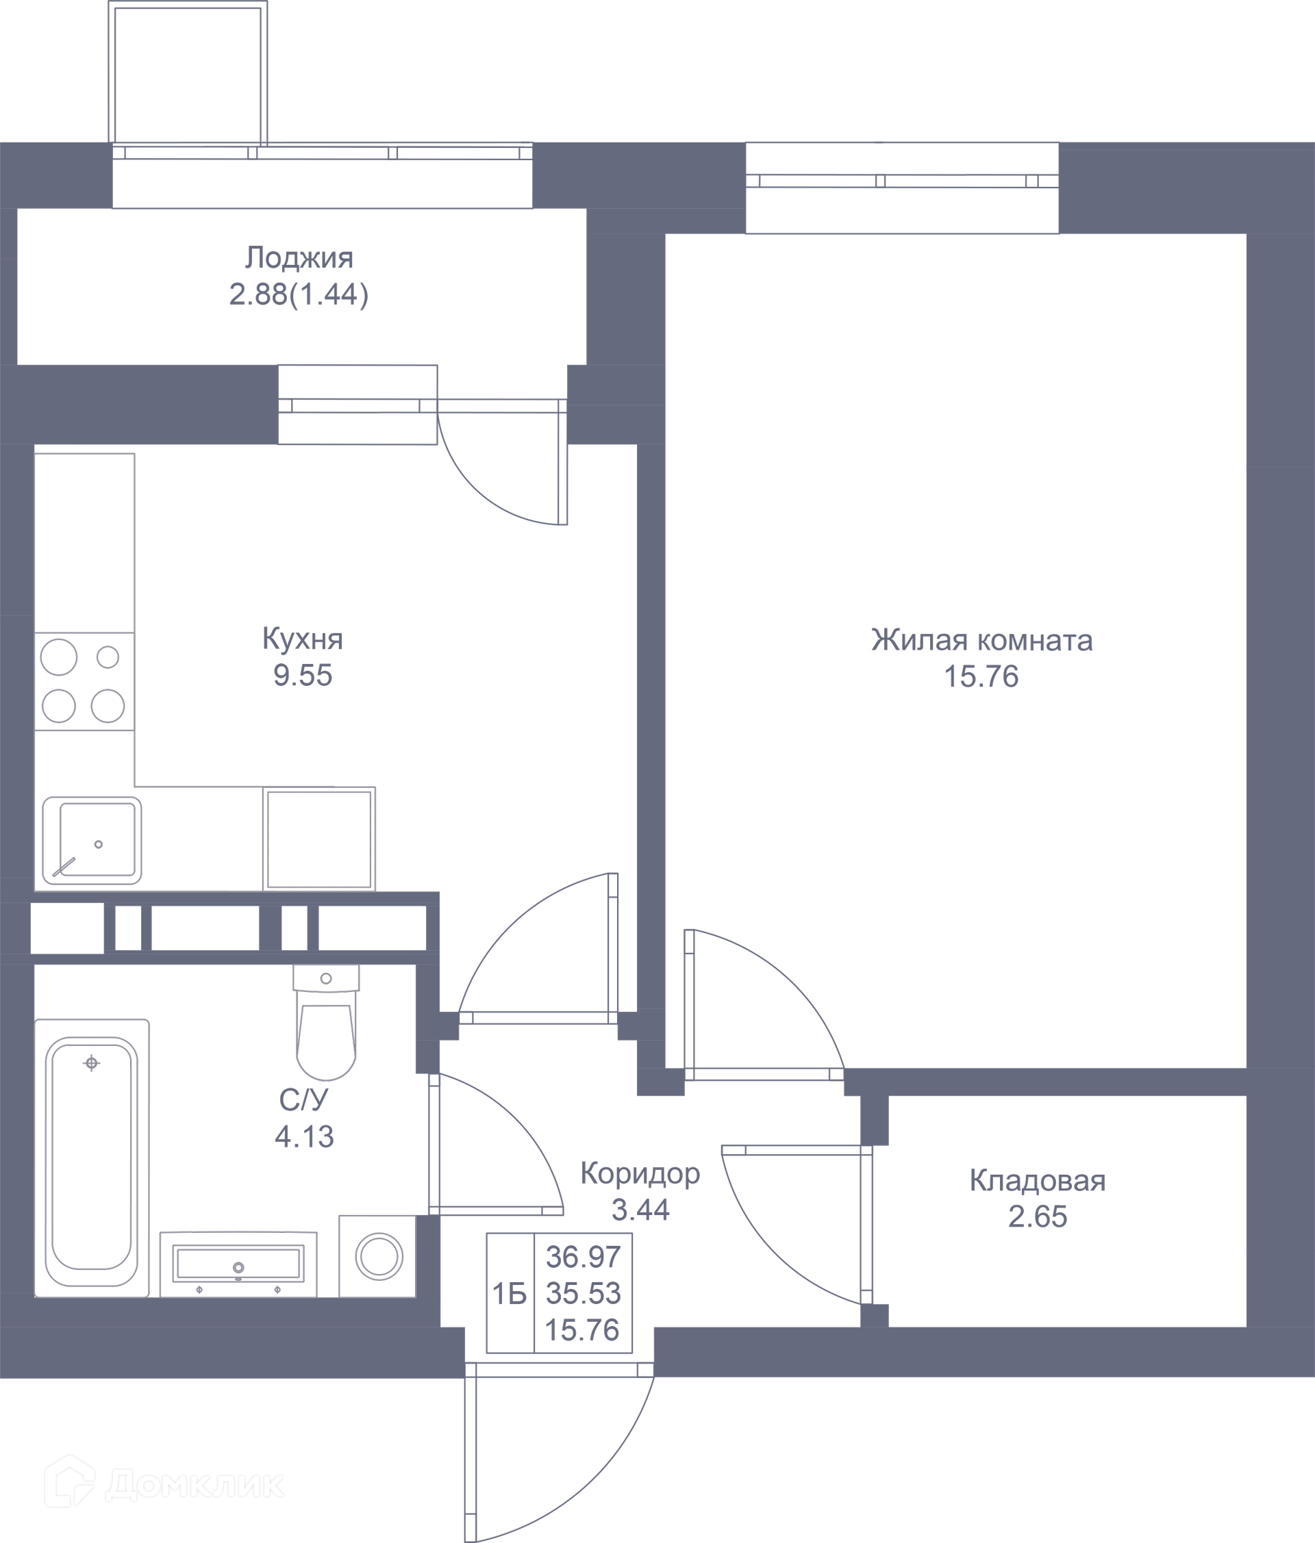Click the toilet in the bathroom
pos(325,1022)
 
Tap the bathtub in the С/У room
pos(92,1158)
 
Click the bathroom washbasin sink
pos(238,1264)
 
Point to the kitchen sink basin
pos(92,841)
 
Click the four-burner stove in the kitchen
pos(84,681)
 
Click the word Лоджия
pos(299,257)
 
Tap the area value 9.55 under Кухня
pos(303,676)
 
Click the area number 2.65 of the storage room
pos(1037,1217)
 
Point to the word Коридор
pos(640,1173)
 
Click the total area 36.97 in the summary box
pos(583,1257)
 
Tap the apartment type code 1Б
pos(510,1295)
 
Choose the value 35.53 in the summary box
pos(583,1294)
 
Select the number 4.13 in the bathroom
pos(304,1137)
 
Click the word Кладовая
pos(1037,1181)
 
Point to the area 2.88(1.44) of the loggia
pos(299,295)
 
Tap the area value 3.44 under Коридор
pos(640,1210)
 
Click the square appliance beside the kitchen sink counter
pos(319,839)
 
